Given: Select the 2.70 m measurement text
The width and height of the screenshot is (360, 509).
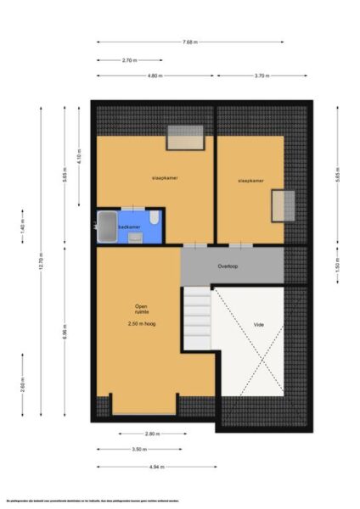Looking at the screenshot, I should coord(130,60).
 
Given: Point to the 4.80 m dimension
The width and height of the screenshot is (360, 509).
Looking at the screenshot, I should coord(155,76).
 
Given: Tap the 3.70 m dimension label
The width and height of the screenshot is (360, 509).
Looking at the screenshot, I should coord(262,76).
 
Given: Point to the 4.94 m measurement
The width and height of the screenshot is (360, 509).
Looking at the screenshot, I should coord(156,466).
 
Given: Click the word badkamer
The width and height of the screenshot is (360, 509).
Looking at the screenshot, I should coord(129,227).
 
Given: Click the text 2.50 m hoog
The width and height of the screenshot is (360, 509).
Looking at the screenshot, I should coord(142,324).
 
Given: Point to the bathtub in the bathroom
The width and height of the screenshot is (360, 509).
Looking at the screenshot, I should coord(106,227).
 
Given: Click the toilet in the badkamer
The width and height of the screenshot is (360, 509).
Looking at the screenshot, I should coord(153,220).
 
